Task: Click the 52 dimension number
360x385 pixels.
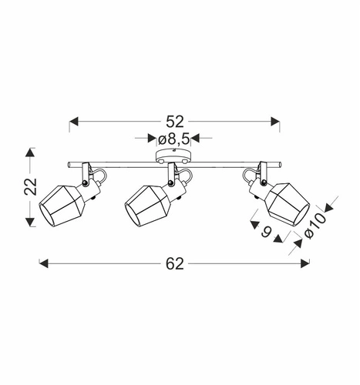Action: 175,122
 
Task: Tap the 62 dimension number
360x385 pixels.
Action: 175,263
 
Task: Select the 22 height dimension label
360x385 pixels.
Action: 30,186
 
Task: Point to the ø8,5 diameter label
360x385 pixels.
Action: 174,139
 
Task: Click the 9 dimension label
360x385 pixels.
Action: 267,232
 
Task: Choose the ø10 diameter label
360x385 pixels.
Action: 315,226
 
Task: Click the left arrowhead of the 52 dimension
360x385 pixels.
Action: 73,122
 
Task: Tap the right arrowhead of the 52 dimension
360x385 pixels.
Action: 275,122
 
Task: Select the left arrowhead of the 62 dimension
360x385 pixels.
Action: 44,263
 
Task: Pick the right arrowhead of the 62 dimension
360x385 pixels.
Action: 305,263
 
